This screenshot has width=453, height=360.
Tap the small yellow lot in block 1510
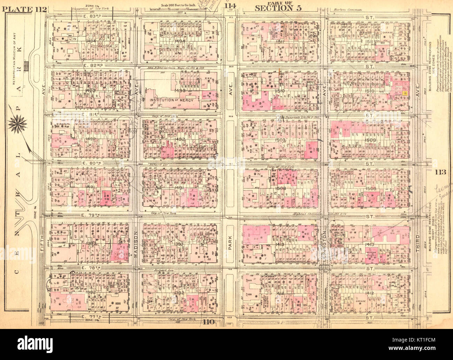coord(404,93)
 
